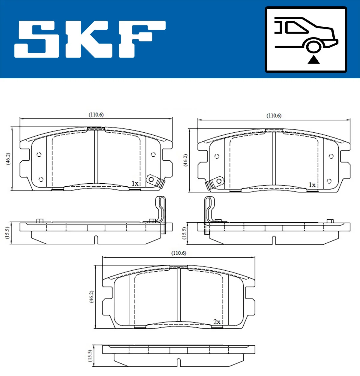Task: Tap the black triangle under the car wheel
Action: point(313,60)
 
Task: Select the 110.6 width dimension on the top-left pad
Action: point(96,115)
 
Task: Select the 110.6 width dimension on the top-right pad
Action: point(274,116)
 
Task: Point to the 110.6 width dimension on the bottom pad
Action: point(178,253)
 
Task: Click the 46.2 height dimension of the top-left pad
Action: point(8,158)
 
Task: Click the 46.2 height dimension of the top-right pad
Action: point(186,160)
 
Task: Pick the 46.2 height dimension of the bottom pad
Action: point(91,296)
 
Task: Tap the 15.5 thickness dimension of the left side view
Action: point(7,233)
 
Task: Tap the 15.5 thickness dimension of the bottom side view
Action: point(90,356)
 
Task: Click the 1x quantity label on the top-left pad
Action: point(135,183)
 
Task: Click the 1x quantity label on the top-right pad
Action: point(312,185)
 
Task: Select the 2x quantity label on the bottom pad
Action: point(217,322)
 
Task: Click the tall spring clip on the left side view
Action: point(161,210)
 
